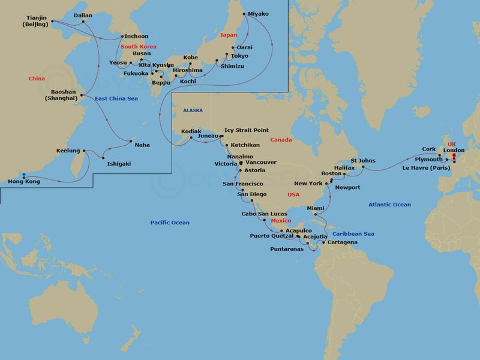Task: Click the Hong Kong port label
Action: pos(24,181)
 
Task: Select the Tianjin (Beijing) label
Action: pos(37,21)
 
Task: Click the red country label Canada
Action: pos(281,140)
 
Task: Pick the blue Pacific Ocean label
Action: pos(170,223)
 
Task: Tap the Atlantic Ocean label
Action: pos(389,205)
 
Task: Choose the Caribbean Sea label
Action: pos(353,233)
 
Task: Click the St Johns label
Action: pos(363,160)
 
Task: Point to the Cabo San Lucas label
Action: pos(264,214)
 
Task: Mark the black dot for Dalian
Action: pos(83,22)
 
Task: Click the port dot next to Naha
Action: pos(130,141)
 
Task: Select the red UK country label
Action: pos(452,144)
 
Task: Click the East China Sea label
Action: pos(116,98)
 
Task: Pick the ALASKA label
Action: pos(193,110)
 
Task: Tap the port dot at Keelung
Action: pos(84,150)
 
